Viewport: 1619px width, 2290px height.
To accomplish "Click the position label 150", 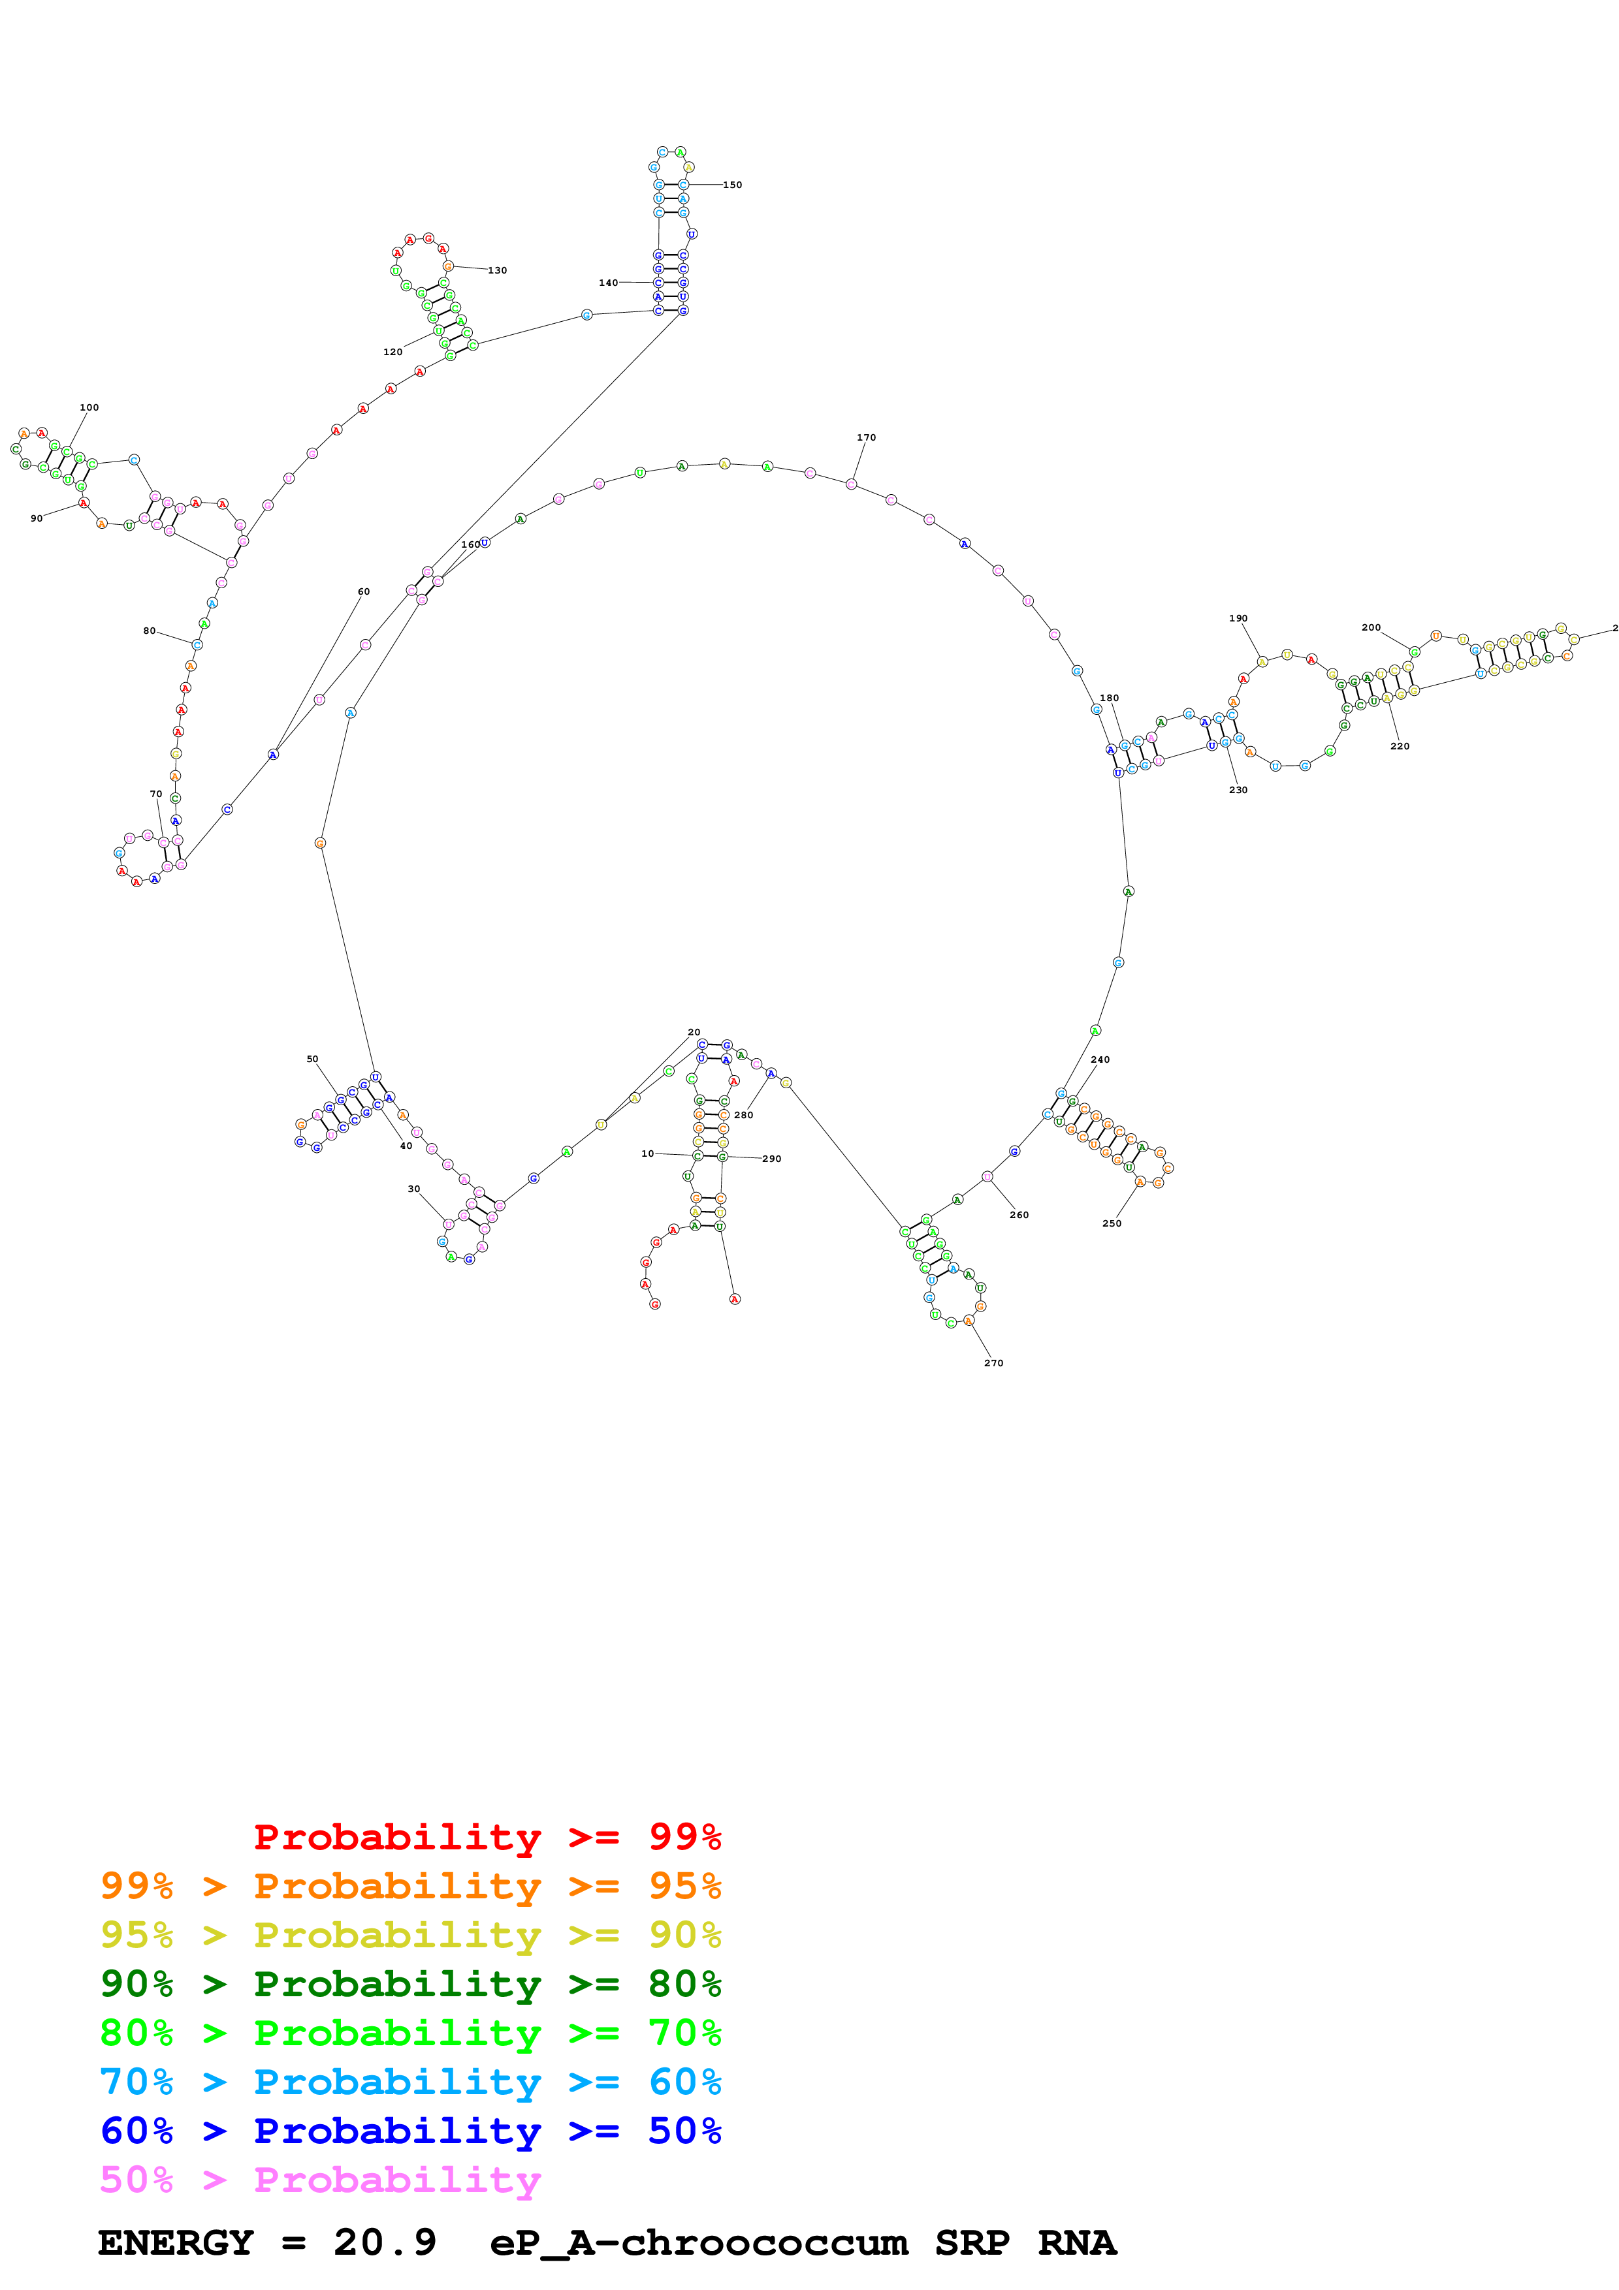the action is click(x=732, y=185).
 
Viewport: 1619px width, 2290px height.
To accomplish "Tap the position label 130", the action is click(x=497, y=270).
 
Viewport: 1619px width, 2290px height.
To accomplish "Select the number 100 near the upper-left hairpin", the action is click(x=89, y=407).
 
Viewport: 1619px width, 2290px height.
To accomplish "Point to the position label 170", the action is click(x=866, y=437).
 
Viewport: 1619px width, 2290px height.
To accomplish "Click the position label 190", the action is click(x=1238, y=618).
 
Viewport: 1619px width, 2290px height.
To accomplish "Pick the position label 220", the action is click(x=1400, y=746).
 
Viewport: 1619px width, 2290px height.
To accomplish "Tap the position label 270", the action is click(x=993, y=1362).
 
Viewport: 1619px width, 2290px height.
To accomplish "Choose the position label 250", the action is click(x=1112, y=1223).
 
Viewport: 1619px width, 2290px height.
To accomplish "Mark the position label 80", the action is click(x=149, y=631).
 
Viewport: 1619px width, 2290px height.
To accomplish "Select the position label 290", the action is click(x=771, y=1159).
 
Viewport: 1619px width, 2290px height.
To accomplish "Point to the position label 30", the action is click(x=414, y=1189).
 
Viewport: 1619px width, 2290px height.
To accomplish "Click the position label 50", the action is click(x=312, y=1059).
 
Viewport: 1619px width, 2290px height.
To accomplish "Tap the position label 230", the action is click(x=1238, y=790).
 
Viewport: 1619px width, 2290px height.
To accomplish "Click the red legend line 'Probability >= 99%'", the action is click(x=487, y=1837).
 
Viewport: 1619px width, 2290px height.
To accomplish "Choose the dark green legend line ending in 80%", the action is click(x=410, y=1984).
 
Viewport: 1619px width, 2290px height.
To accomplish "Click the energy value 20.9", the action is click(x=385, y=2242).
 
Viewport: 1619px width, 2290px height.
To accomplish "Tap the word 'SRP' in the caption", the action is click(x=972, y=2242).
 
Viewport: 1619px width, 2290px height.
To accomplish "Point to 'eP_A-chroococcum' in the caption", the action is click(x=698, y=2242).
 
